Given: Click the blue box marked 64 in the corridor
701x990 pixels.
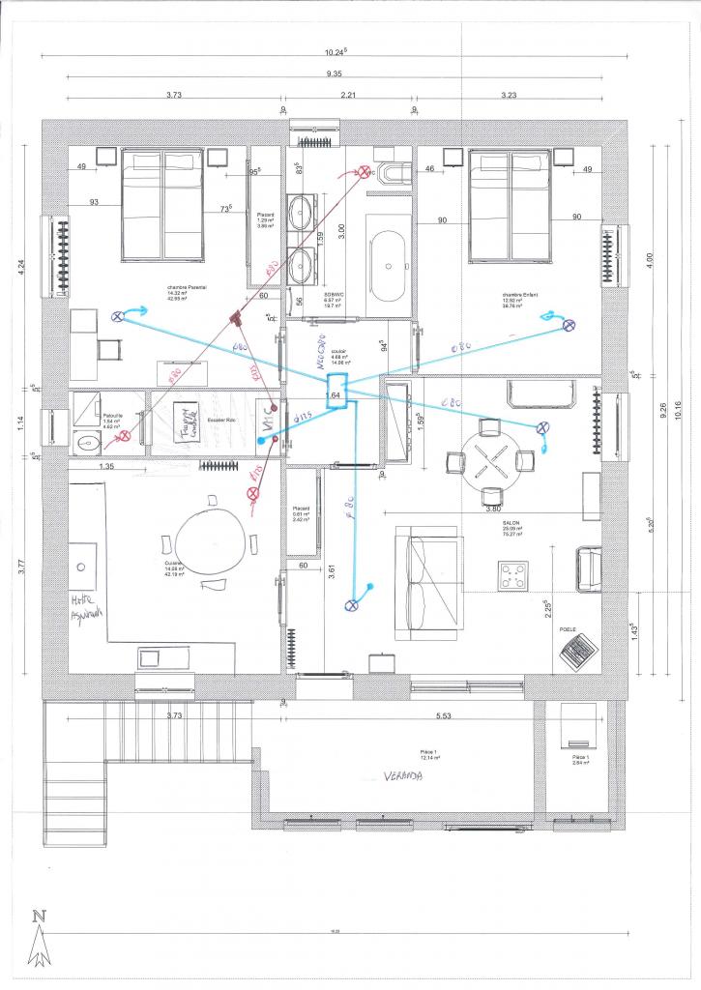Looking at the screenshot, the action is tap(336, 393).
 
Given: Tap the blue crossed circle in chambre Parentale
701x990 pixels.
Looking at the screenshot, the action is tap(119, 316).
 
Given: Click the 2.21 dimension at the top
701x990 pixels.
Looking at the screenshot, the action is tap(349, 96).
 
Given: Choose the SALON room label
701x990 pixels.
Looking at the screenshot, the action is tap(511, 522).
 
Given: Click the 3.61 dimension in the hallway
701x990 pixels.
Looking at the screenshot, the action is tap(332, 570).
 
